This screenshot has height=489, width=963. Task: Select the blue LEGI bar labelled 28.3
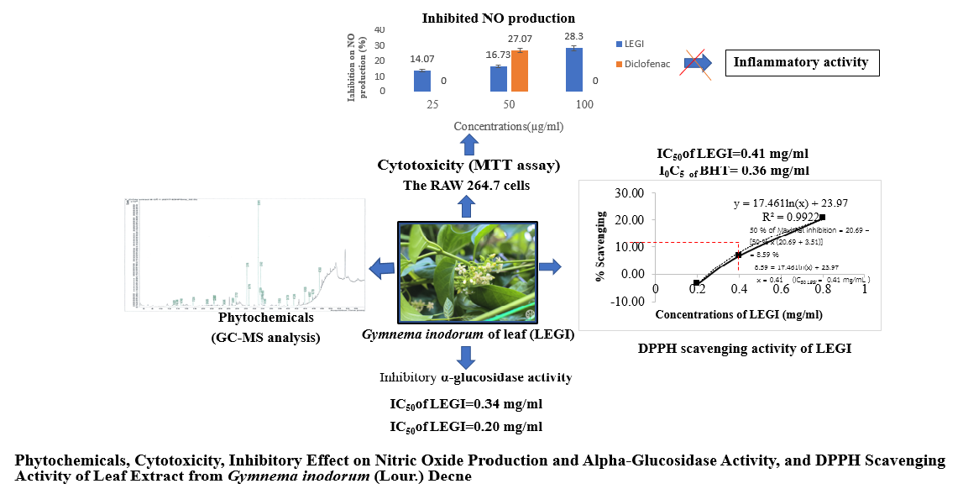(574, 69)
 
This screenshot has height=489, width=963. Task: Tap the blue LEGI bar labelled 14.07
(421, 81)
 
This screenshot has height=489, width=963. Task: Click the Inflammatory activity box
(801, 62)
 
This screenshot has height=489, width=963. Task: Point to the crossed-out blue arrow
(696, 63)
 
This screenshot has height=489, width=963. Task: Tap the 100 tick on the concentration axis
(584, 104)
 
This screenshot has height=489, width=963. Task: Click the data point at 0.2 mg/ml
(696, 282)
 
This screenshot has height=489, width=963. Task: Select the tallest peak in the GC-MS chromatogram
(259, 252)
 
